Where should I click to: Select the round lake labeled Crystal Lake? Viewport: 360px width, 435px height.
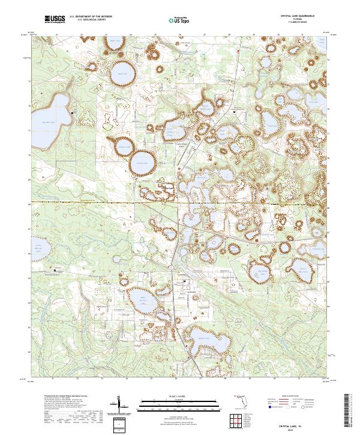142,160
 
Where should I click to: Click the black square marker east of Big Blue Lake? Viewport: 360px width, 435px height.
73,113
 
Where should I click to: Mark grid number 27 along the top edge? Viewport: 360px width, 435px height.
205,35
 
